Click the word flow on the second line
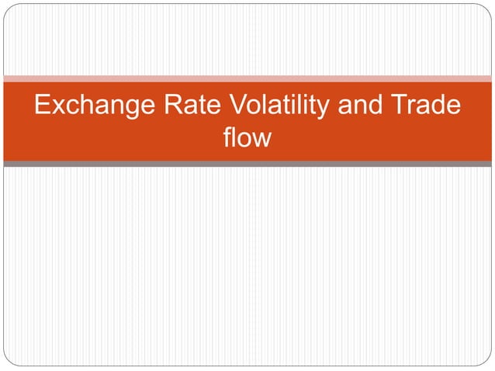coord(247,137)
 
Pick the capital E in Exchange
coord(42,106)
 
